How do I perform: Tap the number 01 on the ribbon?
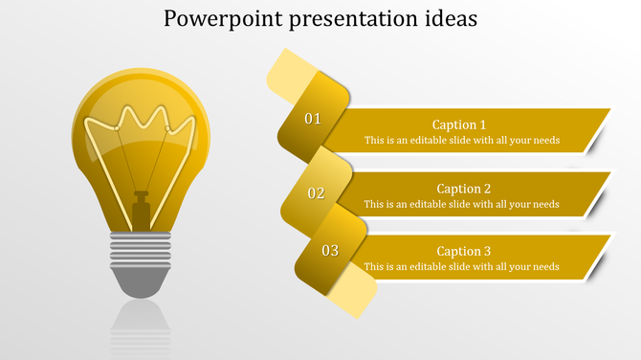(313, 120)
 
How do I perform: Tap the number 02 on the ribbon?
(316, 193)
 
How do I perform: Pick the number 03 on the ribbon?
(330, 251)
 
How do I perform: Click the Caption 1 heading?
(459, 124)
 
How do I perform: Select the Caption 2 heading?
(464, 189)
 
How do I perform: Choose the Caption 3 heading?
(464, 251)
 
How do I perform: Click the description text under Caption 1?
(461, 141)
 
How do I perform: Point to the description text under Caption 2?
(461, 204)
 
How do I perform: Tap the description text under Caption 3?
(461, 266)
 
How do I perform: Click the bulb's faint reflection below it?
(142, 326)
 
